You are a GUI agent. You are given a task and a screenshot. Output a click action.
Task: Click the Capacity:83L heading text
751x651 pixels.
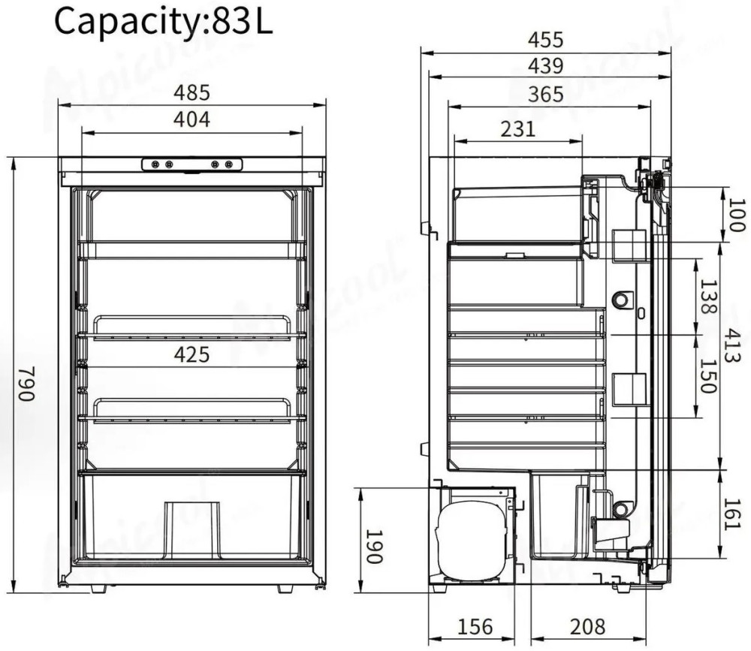pyautogui.click(x=163, y=23)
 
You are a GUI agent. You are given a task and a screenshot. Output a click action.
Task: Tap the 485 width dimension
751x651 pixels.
pyautogui.click(x=192, y=92)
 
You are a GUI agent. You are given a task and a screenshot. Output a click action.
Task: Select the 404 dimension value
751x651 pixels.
pyautogui.click(x=192, y=119)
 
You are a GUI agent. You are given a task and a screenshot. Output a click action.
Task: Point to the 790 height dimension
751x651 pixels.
pyautogui.click(x=27, y=383)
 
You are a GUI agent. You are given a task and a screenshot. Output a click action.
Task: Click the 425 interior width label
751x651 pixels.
pyautogui.click(x=192, y=354)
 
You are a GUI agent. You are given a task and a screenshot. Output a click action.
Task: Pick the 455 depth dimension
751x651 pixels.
pyautogui.click(x=546, y=40)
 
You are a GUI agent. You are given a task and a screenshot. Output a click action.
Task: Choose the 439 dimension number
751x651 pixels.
pyautogui.click(x=546, y=66)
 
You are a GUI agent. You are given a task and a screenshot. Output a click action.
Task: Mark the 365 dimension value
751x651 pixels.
pyautogui.click(x=546, y=95)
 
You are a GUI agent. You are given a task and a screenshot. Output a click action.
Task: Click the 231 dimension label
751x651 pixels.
pyautogui.click(x=517, y=129)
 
